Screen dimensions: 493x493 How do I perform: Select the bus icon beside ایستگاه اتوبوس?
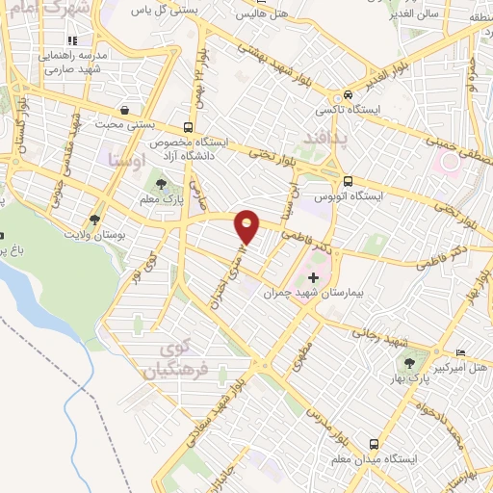point(348,181)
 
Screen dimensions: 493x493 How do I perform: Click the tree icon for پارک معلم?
point(160,184)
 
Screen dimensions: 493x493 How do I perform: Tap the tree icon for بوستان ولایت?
point(93,220)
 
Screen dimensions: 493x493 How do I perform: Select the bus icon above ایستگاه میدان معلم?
point(373,443)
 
